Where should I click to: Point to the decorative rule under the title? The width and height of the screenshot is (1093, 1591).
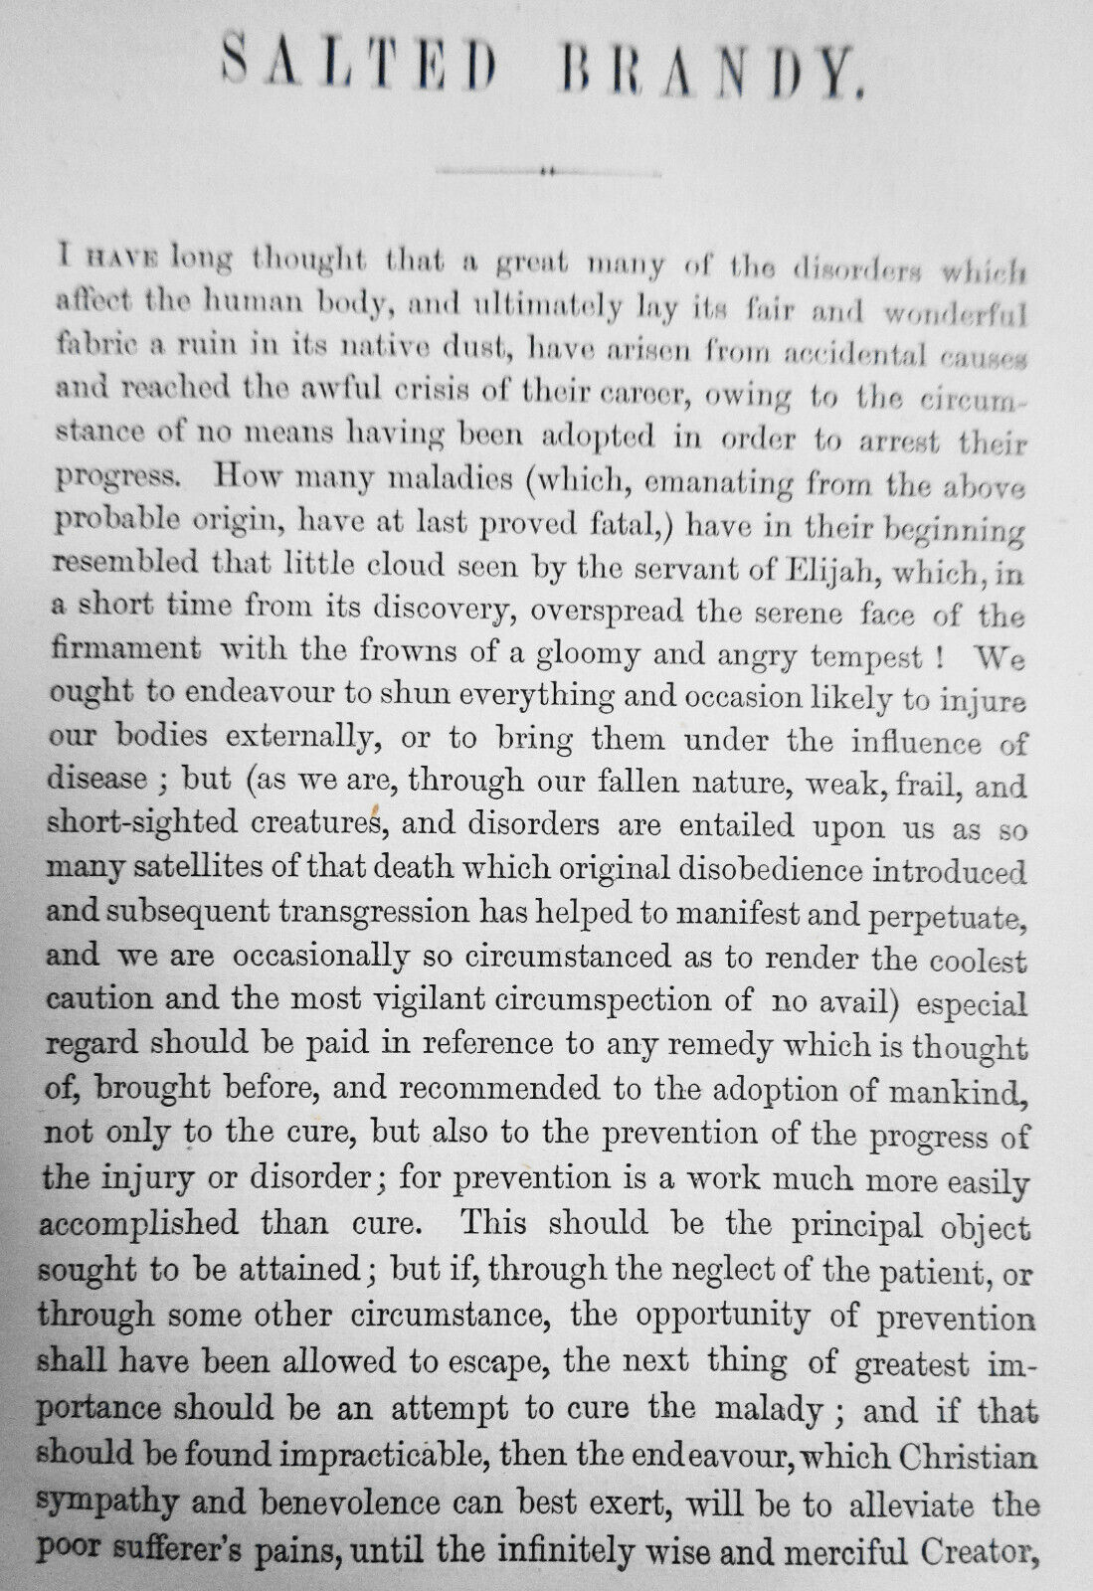coord(546,170)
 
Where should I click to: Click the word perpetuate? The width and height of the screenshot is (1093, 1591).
coord(940,917)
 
